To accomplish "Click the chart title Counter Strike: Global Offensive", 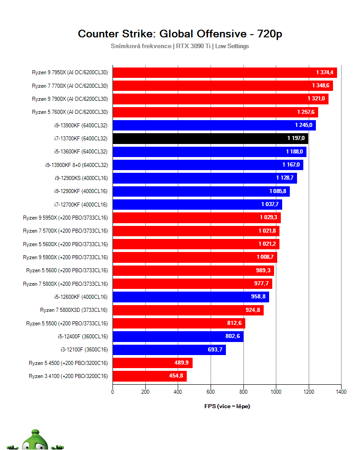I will pos(180,34).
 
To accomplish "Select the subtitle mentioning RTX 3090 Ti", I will pos(180,46).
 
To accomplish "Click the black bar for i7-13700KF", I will pos(210,139).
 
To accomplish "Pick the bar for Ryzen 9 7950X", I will pos(225,72).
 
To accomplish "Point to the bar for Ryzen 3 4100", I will pos(149,376).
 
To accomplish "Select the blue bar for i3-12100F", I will pos(169,350).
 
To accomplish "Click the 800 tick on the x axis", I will pos(243,392).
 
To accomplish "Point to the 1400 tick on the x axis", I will pos(341,392).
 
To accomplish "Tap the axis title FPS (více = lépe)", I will pos(227,406).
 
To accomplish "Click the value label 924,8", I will pos(252,310).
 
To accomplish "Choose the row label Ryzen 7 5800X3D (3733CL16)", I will pos(74,310).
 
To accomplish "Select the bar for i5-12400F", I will pos(178,337).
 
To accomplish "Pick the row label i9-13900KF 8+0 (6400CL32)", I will pos(76,165).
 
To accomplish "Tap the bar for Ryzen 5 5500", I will pos(179,323).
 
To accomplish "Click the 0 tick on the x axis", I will pos(112,392).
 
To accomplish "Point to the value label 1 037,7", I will pos(270,205).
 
